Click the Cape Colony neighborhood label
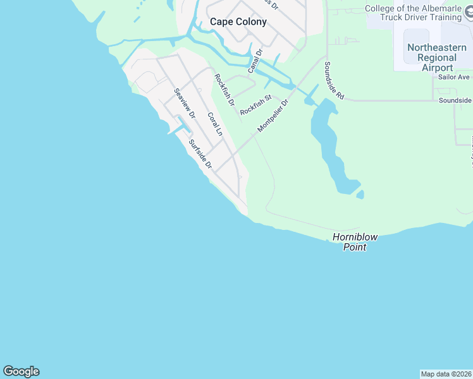[238, 21]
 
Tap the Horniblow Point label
[355, 242]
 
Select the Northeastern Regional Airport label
[437, 57]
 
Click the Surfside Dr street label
[199, 153]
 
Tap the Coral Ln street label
[216, 124]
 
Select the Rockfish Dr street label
[224, 90]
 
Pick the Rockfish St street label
[255, 104]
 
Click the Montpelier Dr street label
[273, 116]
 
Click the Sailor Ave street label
[454, 77]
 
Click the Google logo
[21, 371]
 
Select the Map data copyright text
[446, 373]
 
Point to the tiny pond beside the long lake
[360, 195]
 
